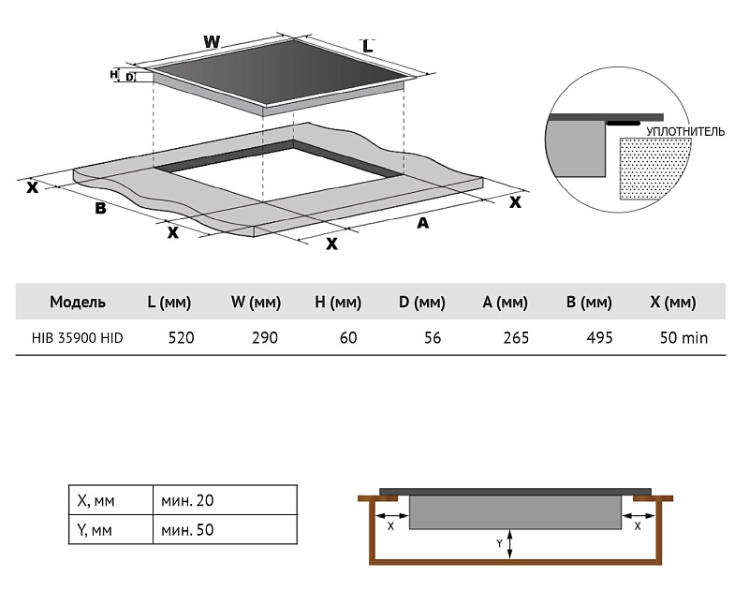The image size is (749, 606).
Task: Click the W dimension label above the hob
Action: (x=212, y=42)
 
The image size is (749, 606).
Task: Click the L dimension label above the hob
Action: (x=367, y=46)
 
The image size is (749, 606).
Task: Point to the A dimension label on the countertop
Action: (x=422, y=223)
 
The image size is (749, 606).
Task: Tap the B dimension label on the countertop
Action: (x=100, y=208)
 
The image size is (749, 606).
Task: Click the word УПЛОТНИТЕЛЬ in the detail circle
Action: (x=685, y=132)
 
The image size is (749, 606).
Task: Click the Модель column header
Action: (x=78, y=302)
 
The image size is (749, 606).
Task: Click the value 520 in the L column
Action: (x=181, y=337)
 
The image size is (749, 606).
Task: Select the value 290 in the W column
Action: (x=265, y=337)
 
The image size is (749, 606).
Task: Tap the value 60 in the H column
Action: (x=348, y=337)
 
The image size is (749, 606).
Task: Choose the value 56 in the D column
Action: (x=432, y=337)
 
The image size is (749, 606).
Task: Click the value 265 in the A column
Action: (x=515, y=337)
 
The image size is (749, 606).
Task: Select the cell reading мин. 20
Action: (x=187, y=501)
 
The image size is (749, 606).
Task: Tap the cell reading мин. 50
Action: (x=187, y=530)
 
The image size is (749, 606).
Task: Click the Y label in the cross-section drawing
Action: (x=500, y=542)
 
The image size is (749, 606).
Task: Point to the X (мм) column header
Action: (x=672, y=302)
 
